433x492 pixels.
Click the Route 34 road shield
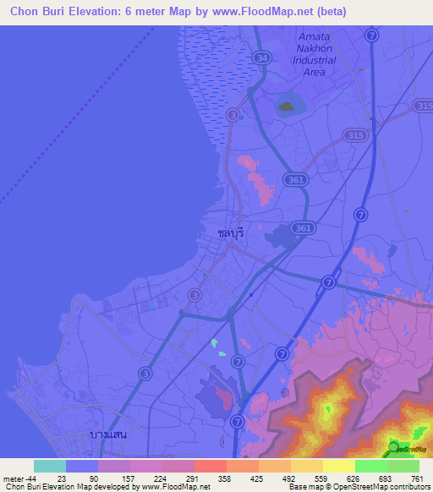[x=262, y=57]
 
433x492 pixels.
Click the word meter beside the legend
[x=13, y=478]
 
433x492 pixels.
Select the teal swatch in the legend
[x=49, y=466]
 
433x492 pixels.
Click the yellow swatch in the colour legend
[x=338, y=466]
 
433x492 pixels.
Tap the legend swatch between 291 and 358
[x=210, y=466]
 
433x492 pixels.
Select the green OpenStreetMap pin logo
[x=394, y=449]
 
